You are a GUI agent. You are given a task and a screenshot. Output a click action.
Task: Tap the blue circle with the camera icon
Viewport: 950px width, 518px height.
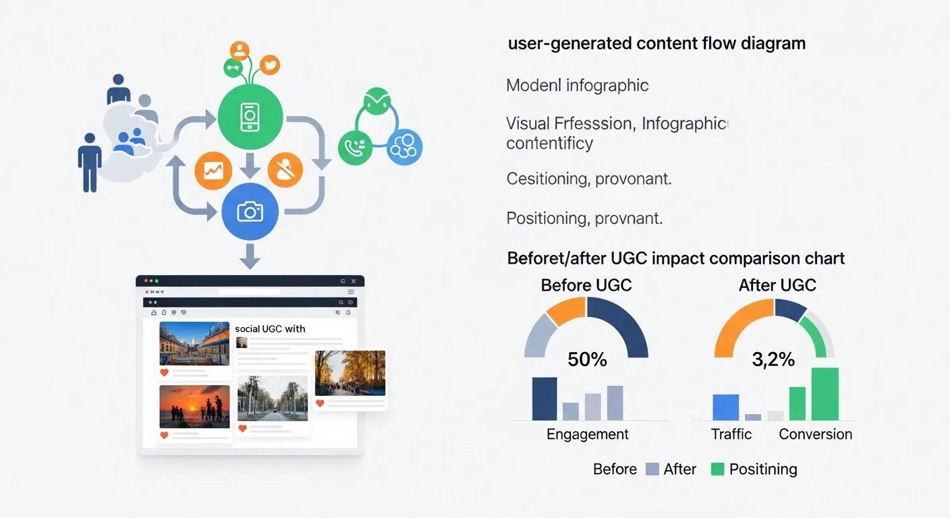click(250, 212)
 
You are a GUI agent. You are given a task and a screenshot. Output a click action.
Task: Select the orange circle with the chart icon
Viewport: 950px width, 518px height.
click(213, 170)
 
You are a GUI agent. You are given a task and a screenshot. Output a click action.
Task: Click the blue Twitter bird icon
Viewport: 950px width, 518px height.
click(270, 65)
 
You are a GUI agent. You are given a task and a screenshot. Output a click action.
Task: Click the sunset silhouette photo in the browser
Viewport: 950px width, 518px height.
click(194, 407)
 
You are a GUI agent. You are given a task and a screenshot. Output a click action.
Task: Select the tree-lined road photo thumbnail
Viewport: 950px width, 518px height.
click(273, 398)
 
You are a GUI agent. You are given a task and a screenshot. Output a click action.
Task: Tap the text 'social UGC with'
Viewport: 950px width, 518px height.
click(270, 329)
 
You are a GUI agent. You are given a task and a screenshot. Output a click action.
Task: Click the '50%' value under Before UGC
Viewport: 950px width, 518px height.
click(587, 359)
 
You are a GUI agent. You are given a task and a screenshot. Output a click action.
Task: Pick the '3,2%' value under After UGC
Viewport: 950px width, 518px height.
click(773, 359)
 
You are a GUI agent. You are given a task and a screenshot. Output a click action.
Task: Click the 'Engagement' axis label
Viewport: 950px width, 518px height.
click(587, 434)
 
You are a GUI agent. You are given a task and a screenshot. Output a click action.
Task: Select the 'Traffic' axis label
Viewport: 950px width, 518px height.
click(731, 434)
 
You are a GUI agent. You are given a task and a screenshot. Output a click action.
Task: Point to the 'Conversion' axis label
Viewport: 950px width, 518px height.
click(815, 434)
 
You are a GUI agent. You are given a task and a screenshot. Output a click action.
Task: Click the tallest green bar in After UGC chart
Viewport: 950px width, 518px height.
click(825, 394)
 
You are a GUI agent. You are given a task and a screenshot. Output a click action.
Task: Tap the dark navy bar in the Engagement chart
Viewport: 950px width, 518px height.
click(544, 399)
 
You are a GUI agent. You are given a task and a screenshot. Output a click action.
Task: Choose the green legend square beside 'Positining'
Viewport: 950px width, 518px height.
click(717, 469)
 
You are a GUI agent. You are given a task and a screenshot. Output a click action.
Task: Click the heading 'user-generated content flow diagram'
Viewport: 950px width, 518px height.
click(656, 44)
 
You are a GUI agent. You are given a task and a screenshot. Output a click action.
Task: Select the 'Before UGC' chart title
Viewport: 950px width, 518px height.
click(586, 285)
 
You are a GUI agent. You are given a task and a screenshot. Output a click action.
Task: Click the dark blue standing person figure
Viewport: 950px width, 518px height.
click(90, 162)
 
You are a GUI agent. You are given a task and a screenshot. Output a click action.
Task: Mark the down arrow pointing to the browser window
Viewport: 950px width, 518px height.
click(250, 256)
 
